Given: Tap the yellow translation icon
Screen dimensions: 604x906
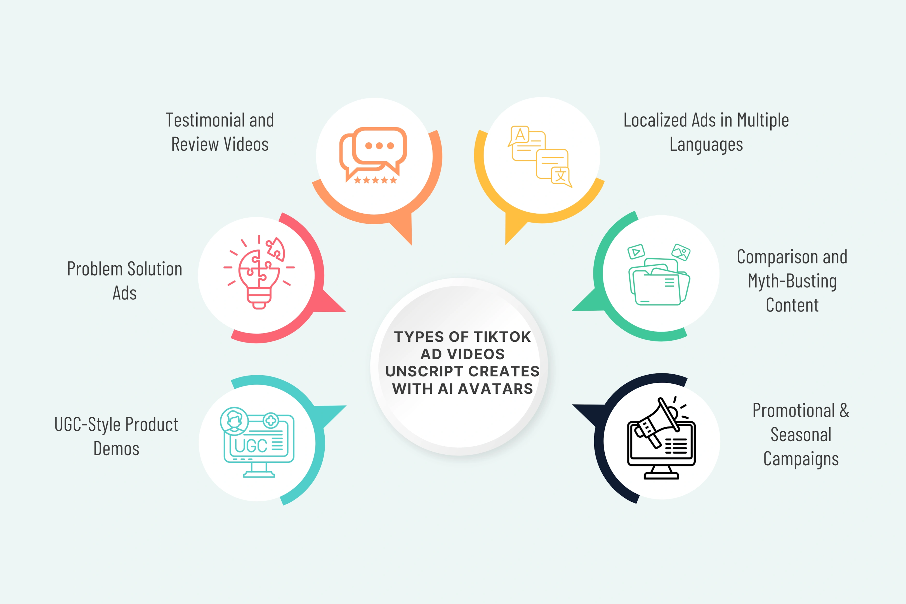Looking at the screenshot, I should (x=540, y=156).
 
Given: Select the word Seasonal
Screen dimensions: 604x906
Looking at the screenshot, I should (x=801, y=435).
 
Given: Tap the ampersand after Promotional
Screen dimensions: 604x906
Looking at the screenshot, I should (x=844, y=410).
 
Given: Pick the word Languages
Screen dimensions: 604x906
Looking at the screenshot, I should (x=706, y=145).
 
